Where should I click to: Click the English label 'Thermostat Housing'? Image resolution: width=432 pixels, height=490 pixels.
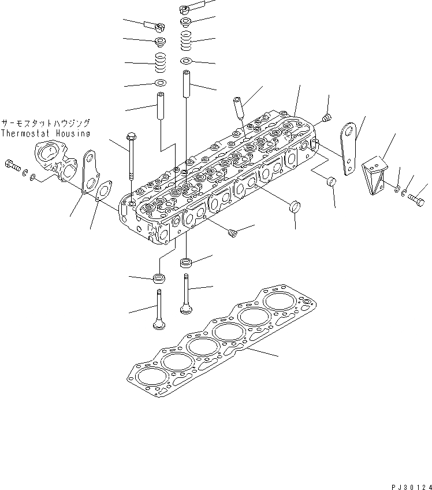(x=46, y=133)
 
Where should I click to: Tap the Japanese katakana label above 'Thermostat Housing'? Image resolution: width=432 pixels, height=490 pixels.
(x=46, y=124)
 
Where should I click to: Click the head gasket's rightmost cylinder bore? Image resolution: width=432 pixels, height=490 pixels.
(x=280, y=302)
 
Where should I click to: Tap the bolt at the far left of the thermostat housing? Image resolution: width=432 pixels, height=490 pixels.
(x=12, y=166)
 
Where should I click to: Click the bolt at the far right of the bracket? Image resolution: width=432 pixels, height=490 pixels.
(x=416, y=201)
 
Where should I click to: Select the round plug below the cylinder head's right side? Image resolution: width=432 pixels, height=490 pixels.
(x=296, y=206)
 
